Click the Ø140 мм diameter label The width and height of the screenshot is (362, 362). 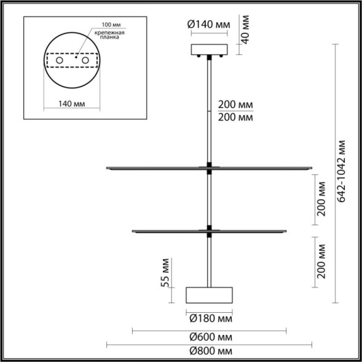click(208, 25)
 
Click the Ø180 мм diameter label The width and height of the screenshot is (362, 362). click(210, 319)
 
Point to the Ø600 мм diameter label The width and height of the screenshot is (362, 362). click(210, 337)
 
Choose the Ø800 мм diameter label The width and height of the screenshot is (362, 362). click(210, 351)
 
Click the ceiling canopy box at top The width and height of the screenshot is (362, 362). click(210, 50)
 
